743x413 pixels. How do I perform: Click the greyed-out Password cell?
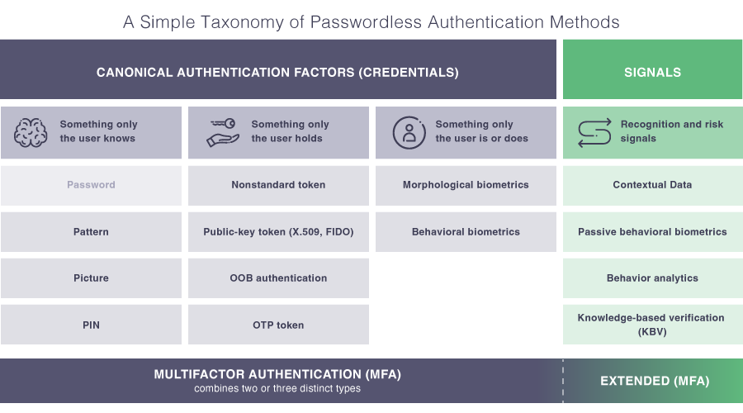(91, 185)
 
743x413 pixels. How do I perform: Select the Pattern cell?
(91, 232)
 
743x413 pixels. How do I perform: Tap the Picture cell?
(91, 278)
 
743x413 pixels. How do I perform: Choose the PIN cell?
(91, 325)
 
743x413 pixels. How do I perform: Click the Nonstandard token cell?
(278, 185)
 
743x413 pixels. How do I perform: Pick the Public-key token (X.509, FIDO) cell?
(278, 232)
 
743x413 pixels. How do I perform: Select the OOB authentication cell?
(278, 278)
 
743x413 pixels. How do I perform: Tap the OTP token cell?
(278, 325)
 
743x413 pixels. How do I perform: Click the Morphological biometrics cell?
(466, 185)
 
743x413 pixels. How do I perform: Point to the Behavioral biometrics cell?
(466, 232)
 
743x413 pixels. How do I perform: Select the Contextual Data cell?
(652, 185)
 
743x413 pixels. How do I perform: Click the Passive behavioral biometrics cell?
(652, 232)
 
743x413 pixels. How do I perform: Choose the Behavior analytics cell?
(652, 278)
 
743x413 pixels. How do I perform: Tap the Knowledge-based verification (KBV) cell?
(652, 324)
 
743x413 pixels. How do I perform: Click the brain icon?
(31, 132)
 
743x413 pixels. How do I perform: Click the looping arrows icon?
(594, 132)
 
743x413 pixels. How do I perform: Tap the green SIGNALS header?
(652, 72)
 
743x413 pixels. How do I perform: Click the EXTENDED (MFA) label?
(654, 381)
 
